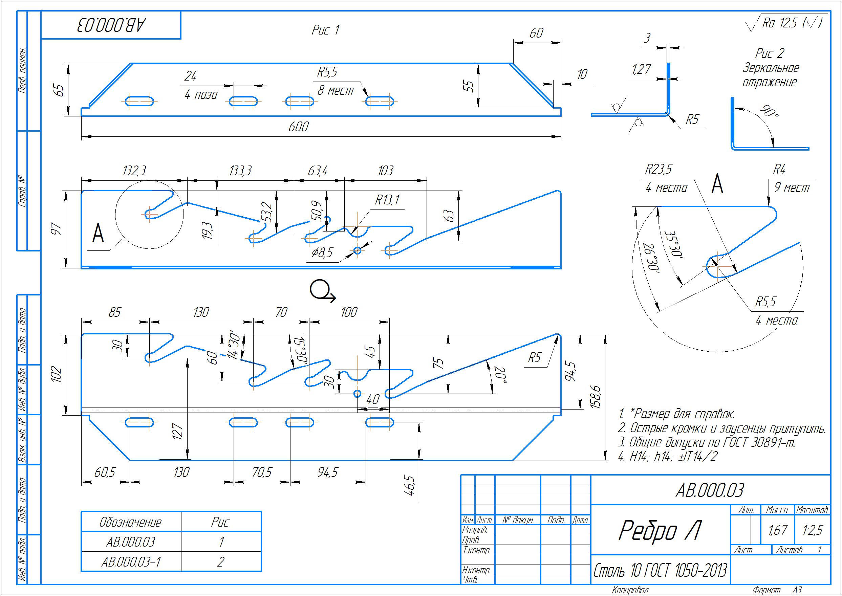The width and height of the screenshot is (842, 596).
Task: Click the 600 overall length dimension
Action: pos(298,127)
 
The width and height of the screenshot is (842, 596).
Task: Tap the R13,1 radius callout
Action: pos(387,200)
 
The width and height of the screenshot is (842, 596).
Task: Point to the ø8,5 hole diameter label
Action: pos(322,252)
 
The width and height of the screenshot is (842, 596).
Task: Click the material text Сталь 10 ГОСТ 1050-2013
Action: pos(660,571)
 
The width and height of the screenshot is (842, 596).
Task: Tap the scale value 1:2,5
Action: pos(812,530)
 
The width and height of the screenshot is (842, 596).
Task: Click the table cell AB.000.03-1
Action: pos(131,562)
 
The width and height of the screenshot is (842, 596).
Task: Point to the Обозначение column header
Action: pos(131,522)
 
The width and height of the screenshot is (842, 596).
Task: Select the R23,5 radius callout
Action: pos(659,170)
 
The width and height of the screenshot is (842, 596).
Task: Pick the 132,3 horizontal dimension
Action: pos(134,171)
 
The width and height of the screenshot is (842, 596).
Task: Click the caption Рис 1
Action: pos(326,30)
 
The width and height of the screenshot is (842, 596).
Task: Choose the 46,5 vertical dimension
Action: pos(410,486)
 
